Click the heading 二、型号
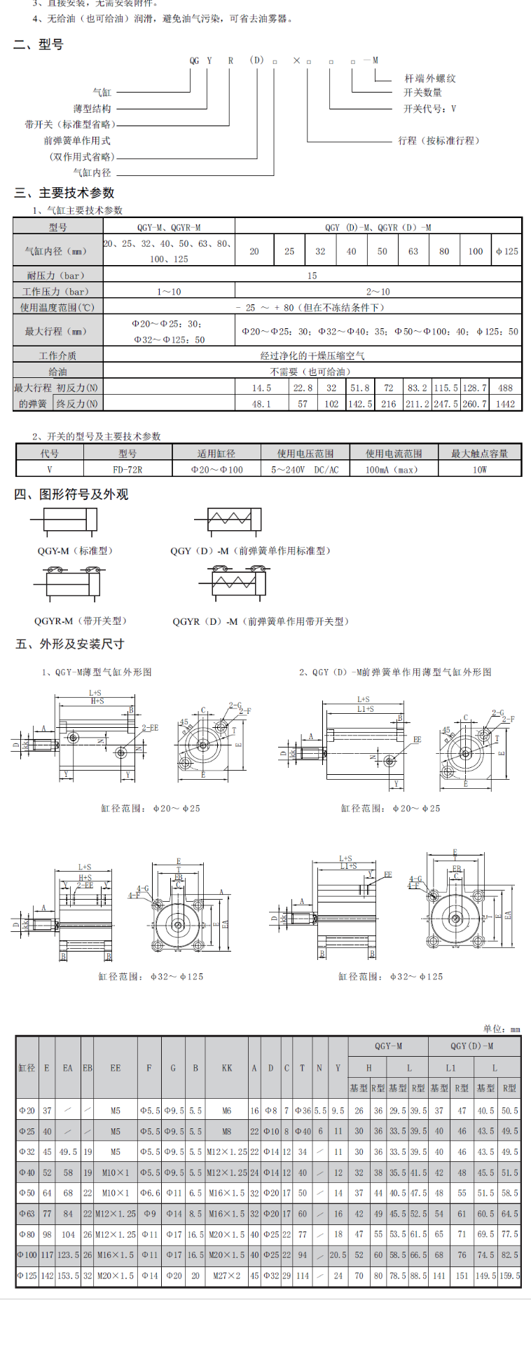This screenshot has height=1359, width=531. tap(39, 44)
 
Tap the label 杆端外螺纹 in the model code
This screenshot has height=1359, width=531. tap(430, 79)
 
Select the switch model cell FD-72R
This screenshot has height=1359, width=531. tap(127, 469)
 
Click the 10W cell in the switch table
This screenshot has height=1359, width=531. tap(479, 469)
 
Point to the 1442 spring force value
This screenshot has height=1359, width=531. tap(505, 404)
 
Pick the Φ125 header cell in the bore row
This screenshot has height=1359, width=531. tap(506, 251)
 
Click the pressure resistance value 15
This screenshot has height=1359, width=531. tap(312, 276)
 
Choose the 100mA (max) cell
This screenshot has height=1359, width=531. tap(394, 469)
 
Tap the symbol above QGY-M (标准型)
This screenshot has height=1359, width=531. tap(63, 521)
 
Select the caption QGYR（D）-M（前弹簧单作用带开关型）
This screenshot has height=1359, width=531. tap(261, 621)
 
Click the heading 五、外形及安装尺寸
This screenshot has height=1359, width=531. tap(69, 644)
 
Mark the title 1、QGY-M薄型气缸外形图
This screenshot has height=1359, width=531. tap(96, 672)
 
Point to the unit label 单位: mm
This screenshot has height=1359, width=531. tap(501, 1029)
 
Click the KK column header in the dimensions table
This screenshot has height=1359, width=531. tap(227, 1068)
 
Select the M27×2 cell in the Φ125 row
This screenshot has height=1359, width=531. tap(227, 1276)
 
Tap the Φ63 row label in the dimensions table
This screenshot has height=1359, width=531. tap(27, 1213)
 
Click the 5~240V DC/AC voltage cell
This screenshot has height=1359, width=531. tap(305, 469)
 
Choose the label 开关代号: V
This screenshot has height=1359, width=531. tap(429, 109)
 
